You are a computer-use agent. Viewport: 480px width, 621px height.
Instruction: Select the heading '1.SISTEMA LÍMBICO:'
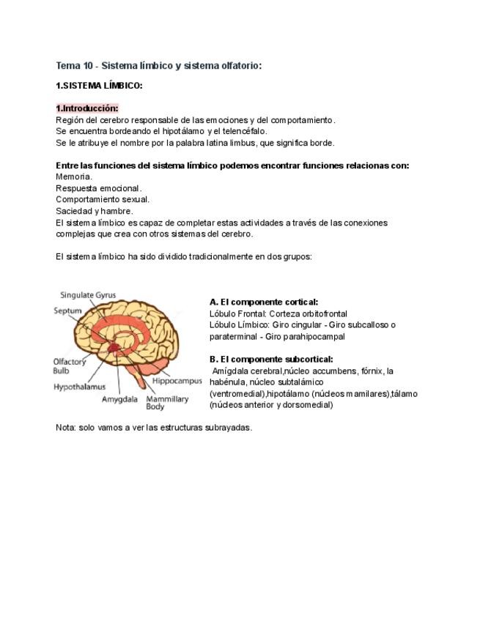[x=99, y=86]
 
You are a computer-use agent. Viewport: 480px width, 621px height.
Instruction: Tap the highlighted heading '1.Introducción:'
[x=87, y=108]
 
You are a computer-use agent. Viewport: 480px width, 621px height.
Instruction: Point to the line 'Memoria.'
[x=74, y=176]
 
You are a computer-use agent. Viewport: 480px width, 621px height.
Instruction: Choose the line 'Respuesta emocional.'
[x=99, y=188]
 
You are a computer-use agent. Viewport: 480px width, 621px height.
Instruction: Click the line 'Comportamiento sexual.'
[x=103, y=199]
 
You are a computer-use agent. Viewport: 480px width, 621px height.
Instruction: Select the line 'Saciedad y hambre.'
[x=95, y=211]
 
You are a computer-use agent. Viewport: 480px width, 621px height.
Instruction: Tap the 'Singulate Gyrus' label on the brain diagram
[x=88, y=295]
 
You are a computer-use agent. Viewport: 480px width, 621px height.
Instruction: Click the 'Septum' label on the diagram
[x=67, y=310]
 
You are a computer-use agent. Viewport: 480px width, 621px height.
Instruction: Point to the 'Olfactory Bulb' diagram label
[x=70, y=365]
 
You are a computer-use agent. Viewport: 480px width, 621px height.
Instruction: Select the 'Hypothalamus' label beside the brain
[x=79, y=386]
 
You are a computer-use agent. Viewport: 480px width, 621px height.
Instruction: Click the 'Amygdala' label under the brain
[x=120, y=400]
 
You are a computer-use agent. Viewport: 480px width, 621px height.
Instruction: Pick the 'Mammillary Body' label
[x=166, y=402]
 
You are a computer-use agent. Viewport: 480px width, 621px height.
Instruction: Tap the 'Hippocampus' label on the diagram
[x=177, y=382]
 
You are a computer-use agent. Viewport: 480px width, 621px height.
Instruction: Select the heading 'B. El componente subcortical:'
[x=271, y=359]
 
